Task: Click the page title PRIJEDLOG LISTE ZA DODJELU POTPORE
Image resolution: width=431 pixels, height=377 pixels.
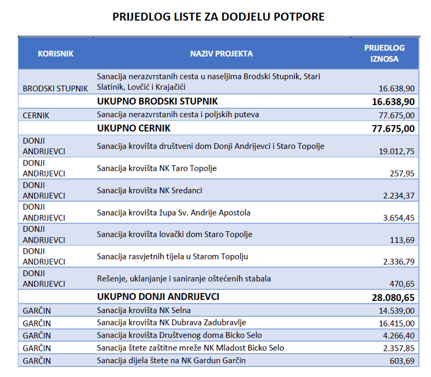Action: click(218, 17)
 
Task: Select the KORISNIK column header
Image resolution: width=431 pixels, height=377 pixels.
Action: click(55, 54)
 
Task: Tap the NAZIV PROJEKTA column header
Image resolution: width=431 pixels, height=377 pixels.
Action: click(221, 54)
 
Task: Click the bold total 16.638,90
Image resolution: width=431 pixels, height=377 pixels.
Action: click(393, 102)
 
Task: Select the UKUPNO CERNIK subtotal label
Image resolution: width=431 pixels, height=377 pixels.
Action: click(134, 128)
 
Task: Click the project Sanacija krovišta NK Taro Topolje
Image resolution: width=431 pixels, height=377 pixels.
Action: click(157, 168)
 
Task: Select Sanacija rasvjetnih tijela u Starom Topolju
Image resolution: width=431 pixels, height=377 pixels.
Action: click(172, 256)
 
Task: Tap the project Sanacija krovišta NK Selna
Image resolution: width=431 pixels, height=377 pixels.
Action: click(144, 311)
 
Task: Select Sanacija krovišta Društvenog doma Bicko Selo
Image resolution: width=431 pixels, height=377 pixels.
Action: click(179, 335)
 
